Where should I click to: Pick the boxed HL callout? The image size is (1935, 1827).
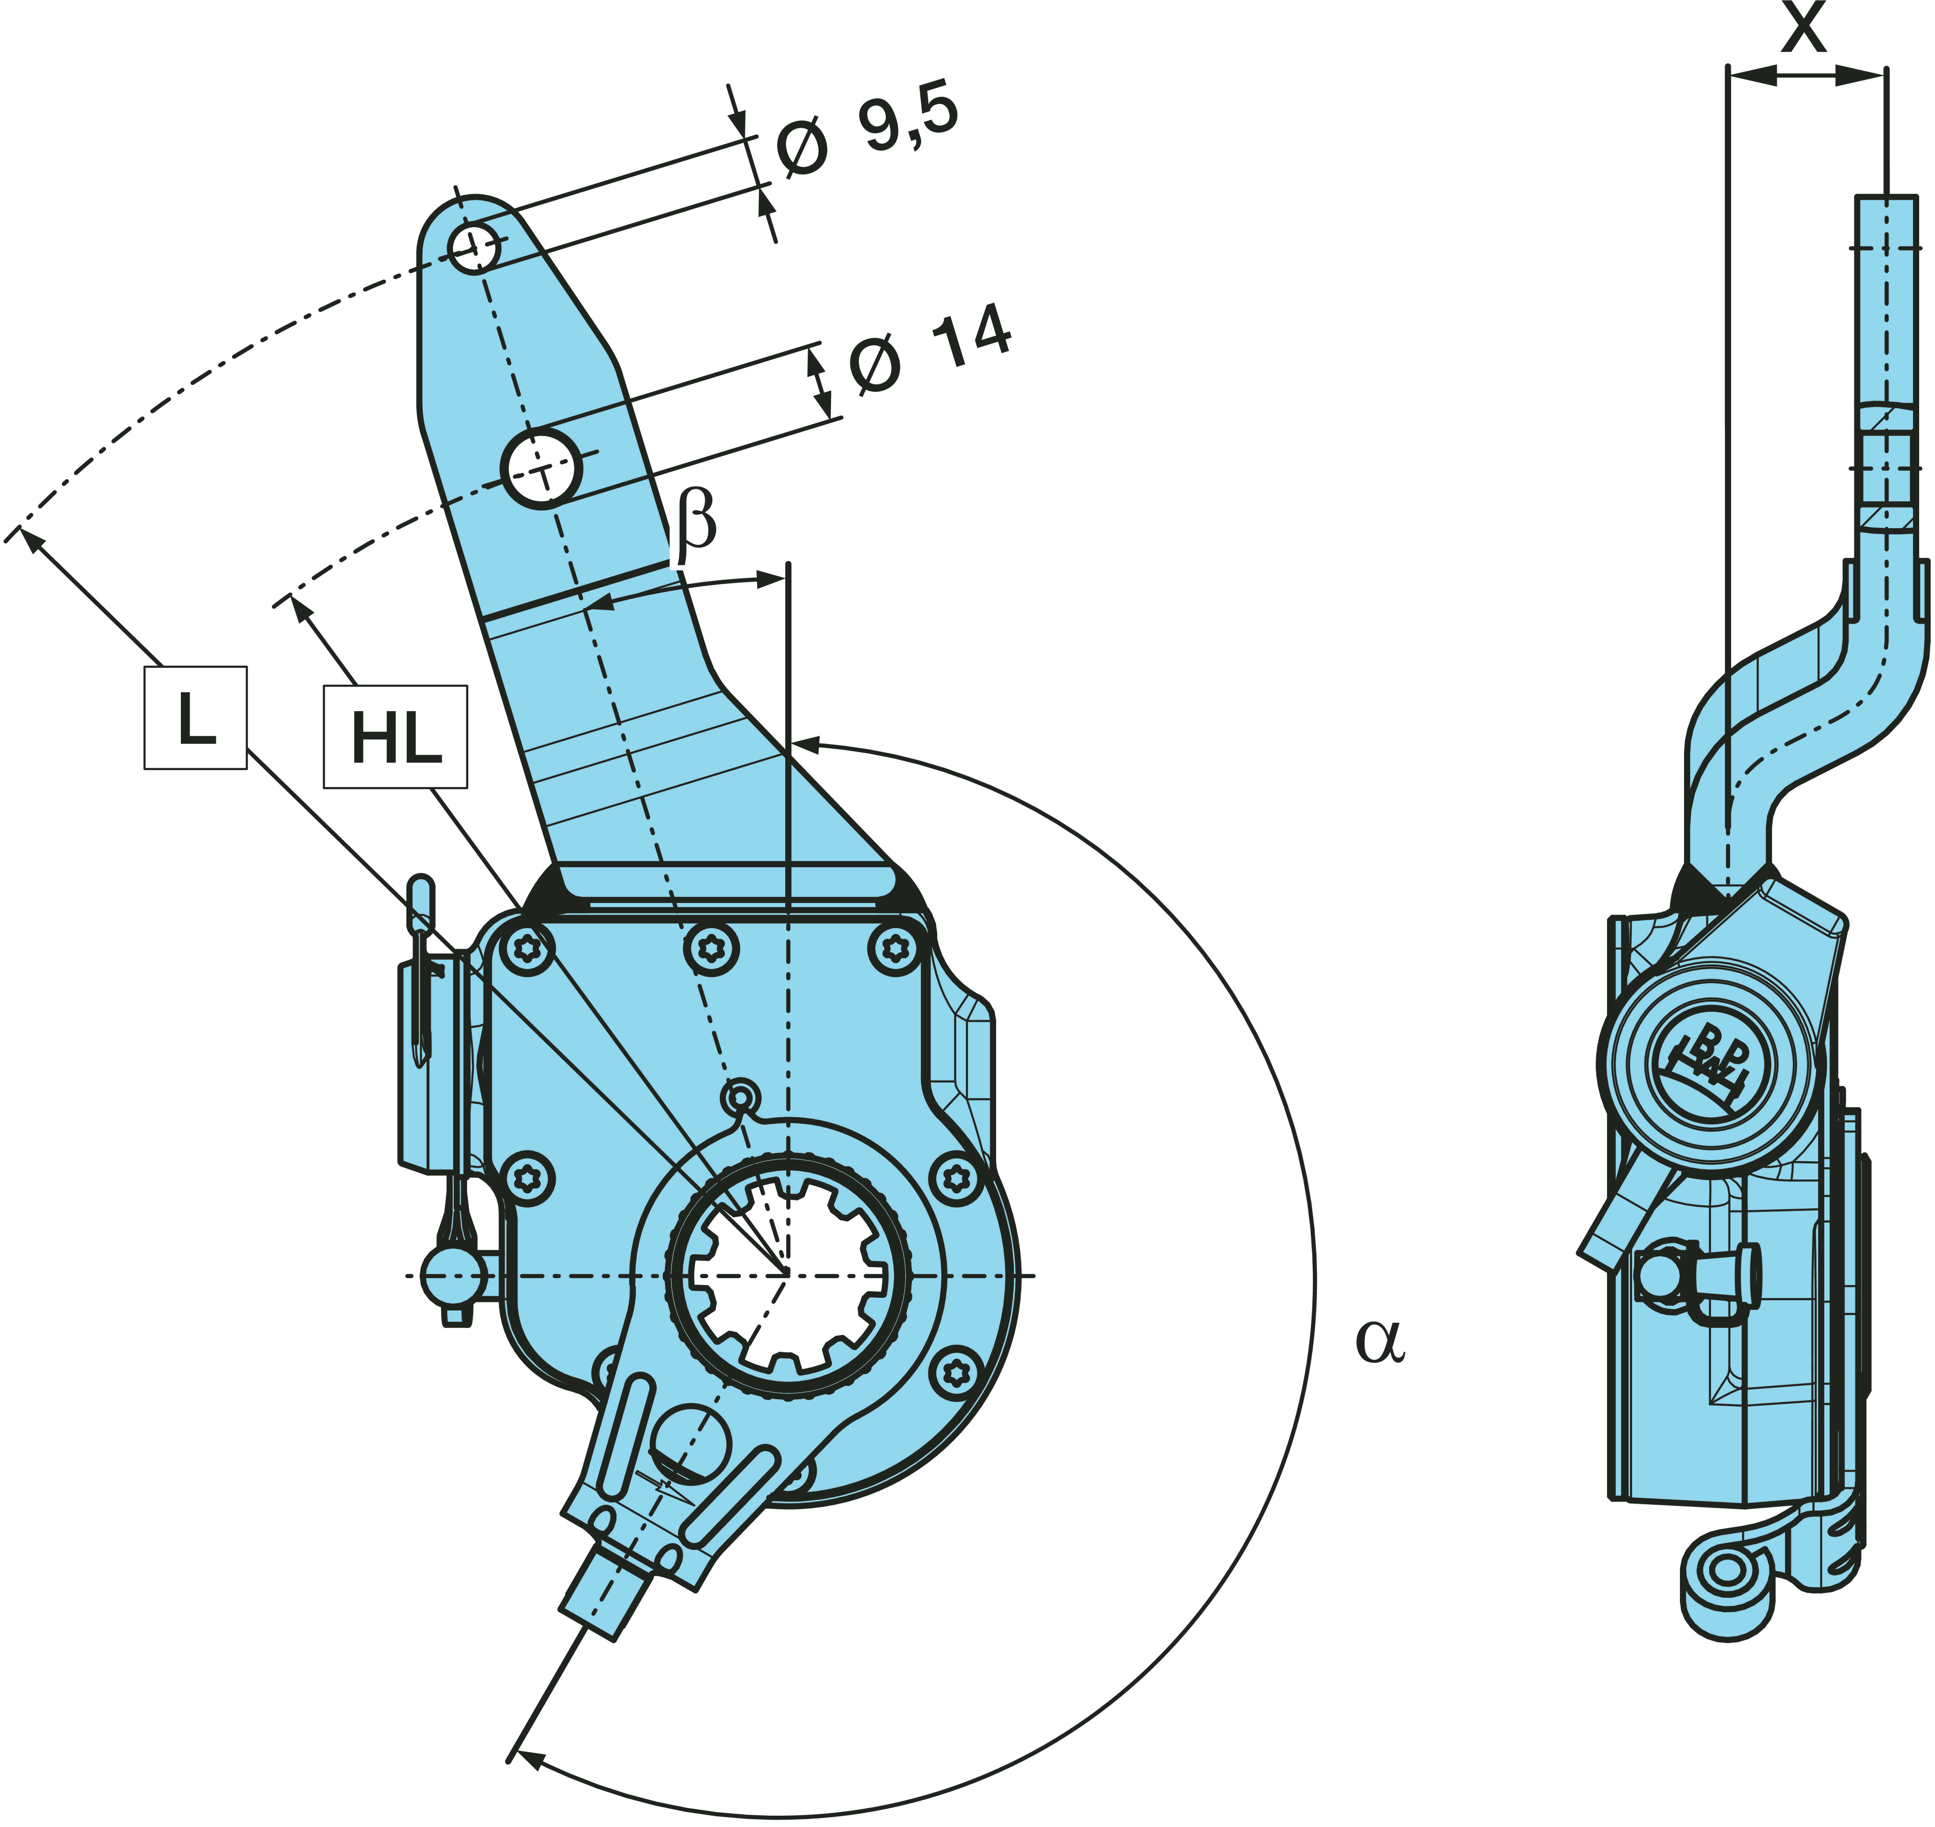(395, 737)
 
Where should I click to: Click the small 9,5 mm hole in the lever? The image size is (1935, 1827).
(475, 247)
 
